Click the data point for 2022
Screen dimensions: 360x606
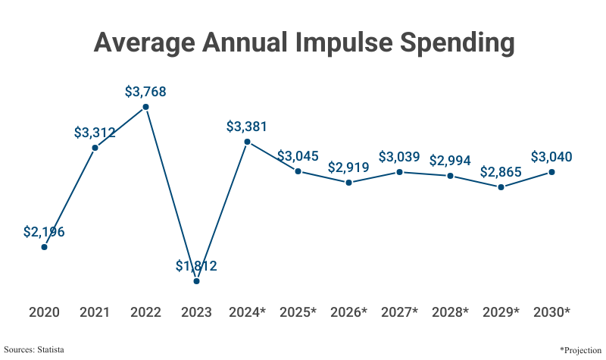tap(145, 107)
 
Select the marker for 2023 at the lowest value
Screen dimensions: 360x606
tap(196, 281)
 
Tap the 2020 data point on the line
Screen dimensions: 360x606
tap(44, 246)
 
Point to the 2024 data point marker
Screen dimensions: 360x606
tap(247, 141)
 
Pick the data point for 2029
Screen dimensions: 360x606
tap(501, 186)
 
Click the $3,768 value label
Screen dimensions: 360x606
tap(145, 92)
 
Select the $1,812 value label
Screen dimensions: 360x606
tap(196, 266)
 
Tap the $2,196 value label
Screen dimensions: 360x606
tap(44, 232)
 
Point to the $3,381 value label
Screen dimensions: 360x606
tap(247, 127)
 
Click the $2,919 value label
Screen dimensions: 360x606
tap(348, 167)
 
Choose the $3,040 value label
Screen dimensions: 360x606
tap(551, 157)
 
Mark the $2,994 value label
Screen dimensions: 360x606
tap(450, 161)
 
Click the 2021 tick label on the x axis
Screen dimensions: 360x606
tap(95, 312)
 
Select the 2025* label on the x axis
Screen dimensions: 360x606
tap(298, 312)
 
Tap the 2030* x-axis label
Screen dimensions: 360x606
tap(551, 312)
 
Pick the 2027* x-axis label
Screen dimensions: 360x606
tap(399, 312)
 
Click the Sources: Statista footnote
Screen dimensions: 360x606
tap(34, 349)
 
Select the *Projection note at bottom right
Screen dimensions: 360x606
tap(580, 349)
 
